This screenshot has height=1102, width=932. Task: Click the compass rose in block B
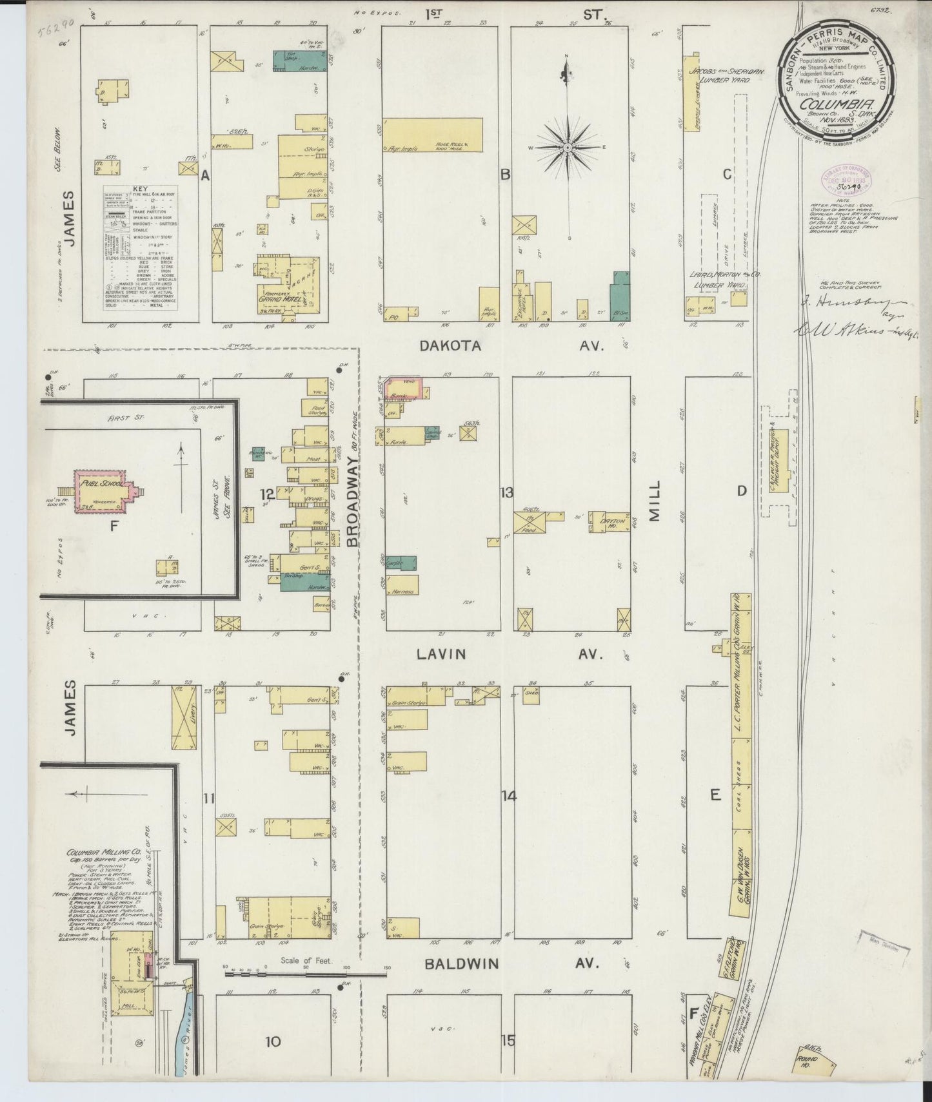(x=567, y=148)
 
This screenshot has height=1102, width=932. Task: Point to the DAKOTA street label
(x=450, y=346)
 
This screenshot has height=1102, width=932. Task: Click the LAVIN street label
(x=441, y=654)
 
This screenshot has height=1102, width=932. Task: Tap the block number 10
(x=273, y=1041)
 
